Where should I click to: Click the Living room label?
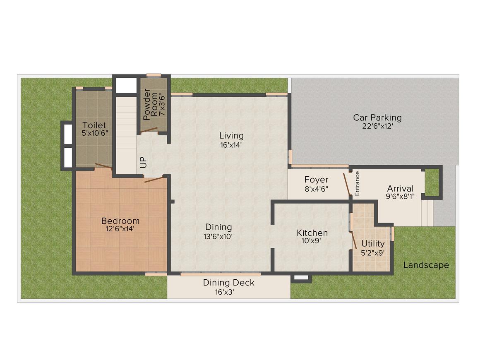pyautogui.click(x=231, y=136)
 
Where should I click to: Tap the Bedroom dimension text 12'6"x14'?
pyautogui.click(x=120, y=229)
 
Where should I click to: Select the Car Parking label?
pyautogui.click(x=377, y=118)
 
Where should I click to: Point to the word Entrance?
pyautogui.click(x=357, y=183)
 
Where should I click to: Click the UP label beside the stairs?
pyautogui.click(x=143, y=162)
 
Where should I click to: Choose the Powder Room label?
pyautogui.click(x=151, y=104)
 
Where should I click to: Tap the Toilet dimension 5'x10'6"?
pyautogui.click(x=95, y=133)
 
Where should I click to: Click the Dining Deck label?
pyautogui.click(x=229, y=283)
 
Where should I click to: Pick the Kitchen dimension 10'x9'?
pyautogui.click(x=311, y=241)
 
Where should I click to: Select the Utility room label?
pyautogui.click(x=373, y=244)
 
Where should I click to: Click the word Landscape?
pyautogui.click(x=426, y=265)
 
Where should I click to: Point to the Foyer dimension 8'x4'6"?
pyautogui.click(x=316, y=189)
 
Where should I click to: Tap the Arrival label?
pyautogui.click(x=400, y=188)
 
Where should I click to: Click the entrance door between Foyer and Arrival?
pyautogui.click(x=347, y=184)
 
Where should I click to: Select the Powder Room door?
pyautogui.click(x=149, y=130)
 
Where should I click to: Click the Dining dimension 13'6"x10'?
pyautogui.click(x=218, y=236)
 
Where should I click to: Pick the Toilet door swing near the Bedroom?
pyautogui.click(x=103, y=166)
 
